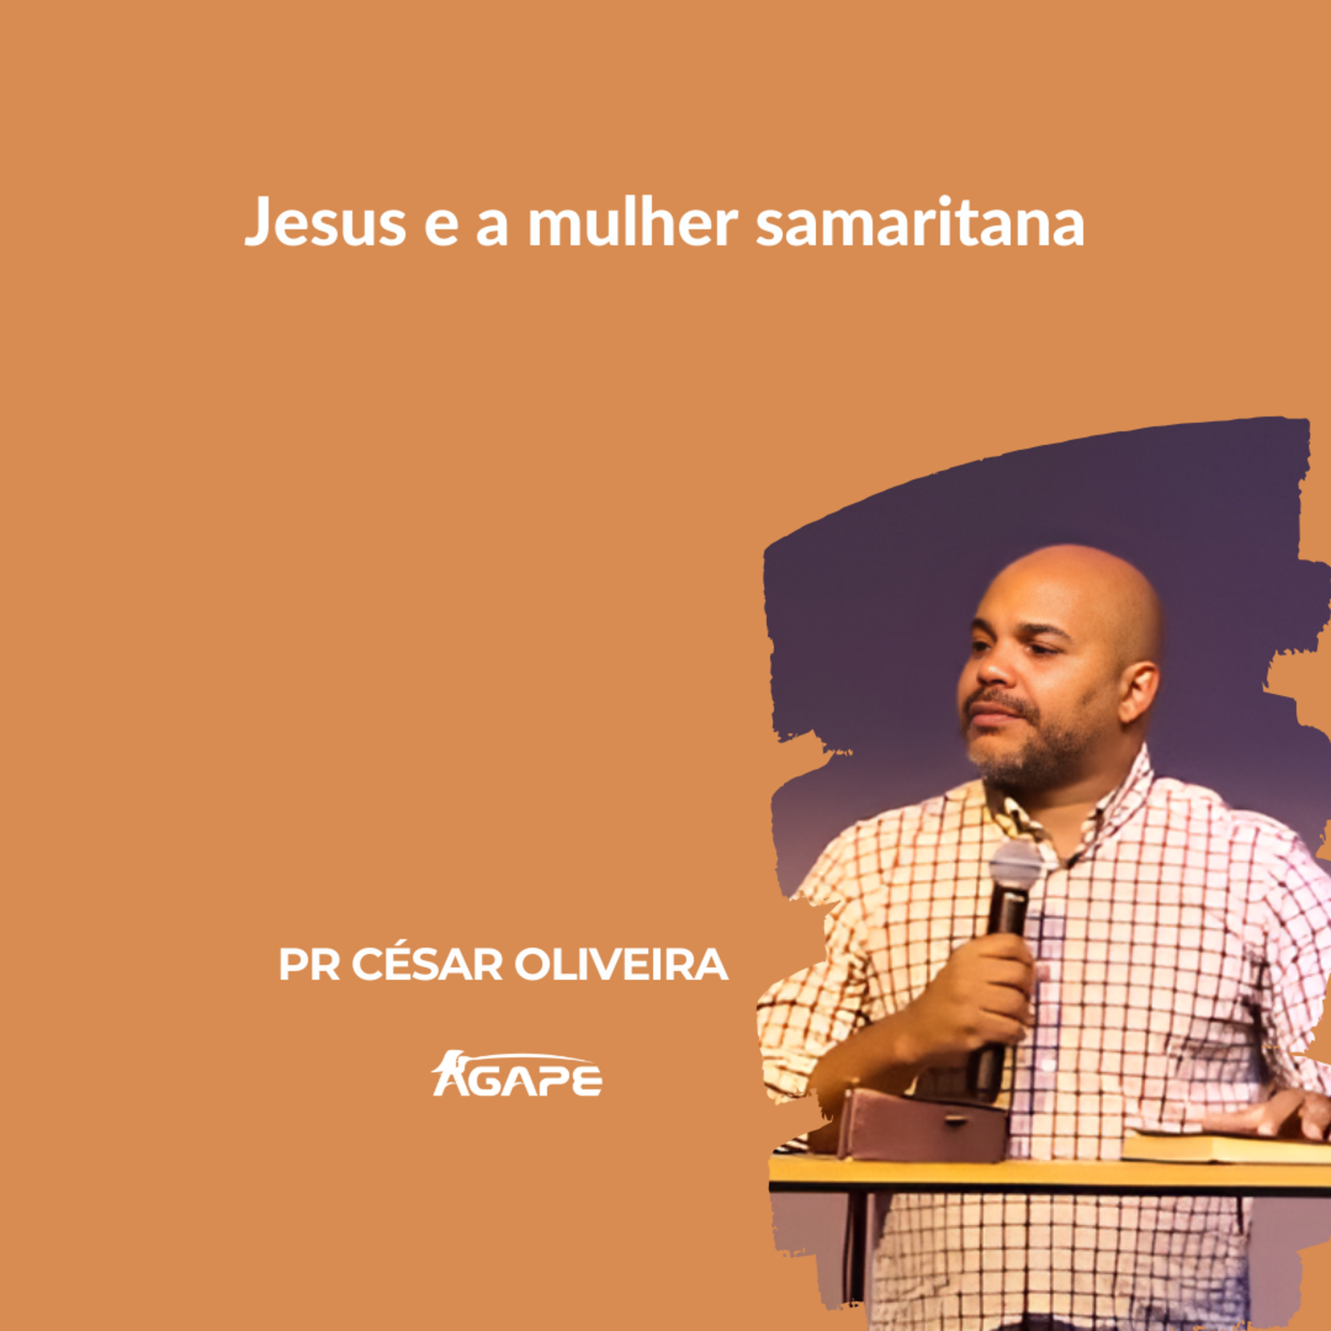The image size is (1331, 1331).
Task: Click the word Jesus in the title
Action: coord(325,222)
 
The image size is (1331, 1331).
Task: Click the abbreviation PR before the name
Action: coord(309,965)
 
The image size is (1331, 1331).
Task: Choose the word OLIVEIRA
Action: coord(622,965)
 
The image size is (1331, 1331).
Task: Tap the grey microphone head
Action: coord(1016,865)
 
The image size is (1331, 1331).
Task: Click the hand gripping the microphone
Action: coord(978,992)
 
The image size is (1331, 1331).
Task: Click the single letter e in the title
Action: coord(441,227)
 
